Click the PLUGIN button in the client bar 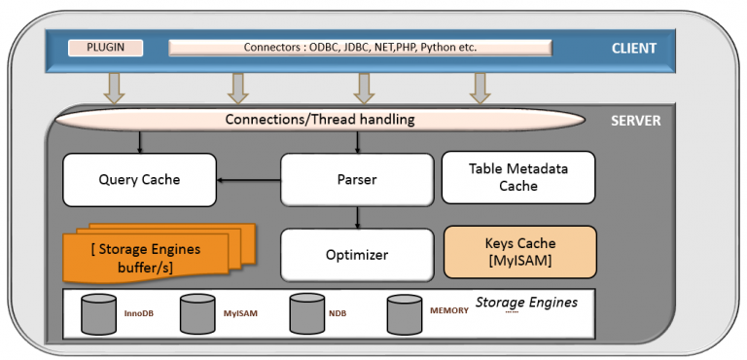[x=105, y=47]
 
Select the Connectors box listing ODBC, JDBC [x=360, y=47]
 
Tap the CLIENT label [x=633, y=48]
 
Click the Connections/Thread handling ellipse [x=320, y=120]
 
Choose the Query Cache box [x=139, y=179]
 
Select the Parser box [x=356, y=179]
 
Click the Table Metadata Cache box [x=518, y=177]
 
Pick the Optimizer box [x=356, y=254]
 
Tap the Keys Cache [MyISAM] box [x=518, y=252]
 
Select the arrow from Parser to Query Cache [x=248, y=179]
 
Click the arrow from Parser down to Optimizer [x=357, y=216]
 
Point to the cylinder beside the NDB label [x=306, y=313]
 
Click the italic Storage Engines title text [x=526, y=303]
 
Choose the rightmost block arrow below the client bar [x=479, y=89]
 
